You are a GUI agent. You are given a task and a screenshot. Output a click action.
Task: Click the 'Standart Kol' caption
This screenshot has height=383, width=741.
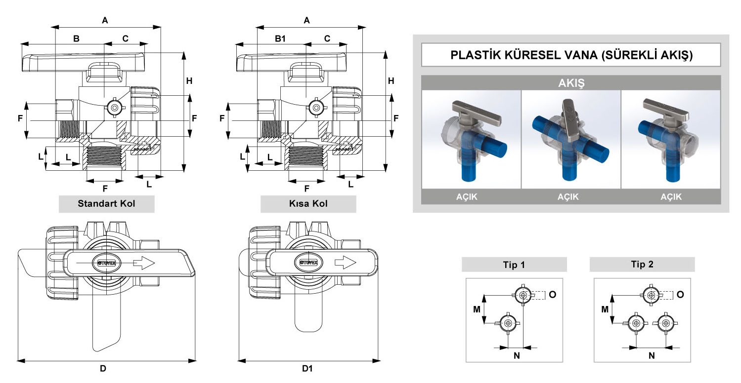pyautogui.click(x=106, y=203)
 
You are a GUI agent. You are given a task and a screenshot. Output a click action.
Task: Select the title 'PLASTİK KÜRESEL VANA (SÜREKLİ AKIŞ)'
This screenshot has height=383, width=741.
pyautogui.click(x=571, y=55)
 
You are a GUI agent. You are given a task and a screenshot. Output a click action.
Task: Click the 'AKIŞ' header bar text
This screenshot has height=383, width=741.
pyautogui.click(x=571, y=83)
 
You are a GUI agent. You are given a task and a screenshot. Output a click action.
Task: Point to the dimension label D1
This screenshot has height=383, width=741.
pyautogui.click(x=307, y=368)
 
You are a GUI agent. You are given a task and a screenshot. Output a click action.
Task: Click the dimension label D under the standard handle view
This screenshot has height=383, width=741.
pyautogui.click(x=103, y=368)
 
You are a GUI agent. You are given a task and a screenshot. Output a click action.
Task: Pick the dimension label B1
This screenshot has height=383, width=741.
pyautogui.click(x=280, y=38)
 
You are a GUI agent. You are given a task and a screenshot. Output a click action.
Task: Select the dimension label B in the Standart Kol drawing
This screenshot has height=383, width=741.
pyautogui.click(x=77, y=38)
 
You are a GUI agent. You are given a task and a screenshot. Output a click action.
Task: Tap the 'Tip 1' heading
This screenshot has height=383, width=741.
pyautogui.click(x=514, y=265)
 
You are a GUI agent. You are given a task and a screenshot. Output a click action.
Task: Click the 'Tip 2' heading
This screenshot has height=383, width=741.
pyautogui.click(x=642, y=265)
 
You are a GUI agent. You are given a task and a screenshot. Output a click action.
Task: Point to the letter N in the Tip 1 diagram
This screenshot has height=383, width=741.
pyautogui.click(x=517, y=355)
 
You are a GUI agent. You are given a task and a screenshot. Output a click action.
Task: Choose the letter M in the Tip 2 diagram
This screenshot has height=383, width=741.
pyautogui.click(x=604, y=309)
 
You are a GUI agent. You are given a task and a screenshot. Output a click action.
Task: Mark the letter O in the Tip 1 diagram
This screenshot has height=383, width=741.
pyautogui.click(x=552, y=294)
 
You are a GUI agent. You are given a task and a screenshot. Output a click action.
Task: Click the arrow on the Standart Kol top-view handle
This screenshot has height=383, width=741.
pyautogui.click(x=145, y=263)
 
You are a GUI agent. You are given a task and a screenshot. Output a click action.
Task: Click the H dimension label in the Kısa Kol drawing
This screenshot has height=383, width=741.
pyautogui.click(x=391, y=81)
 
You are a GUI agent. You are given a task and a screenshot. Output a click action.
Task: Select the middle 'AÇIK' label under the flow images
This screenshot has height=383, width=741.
pyautogui.click(x=571, y=196)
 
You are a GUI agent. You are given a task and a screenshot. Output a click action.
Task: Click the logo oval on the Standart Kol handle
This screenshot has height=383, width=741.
pyautogui.click(x=104, y=263)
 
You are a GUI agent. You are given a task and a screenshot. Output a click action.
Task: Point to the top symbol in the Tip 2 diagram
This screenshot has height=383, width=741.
pyautogui.click(x=651, y=295)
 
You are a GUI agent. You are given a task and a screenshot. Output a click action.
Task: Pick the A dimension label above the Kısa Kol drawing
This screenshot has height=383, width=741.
pyautogui.click(x=307, y=20)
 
